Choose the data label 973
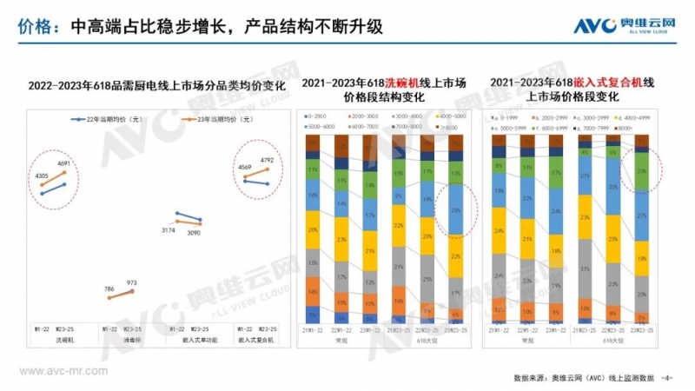click(133, 282)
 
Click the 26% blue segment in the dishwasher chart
click(454, 211)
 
